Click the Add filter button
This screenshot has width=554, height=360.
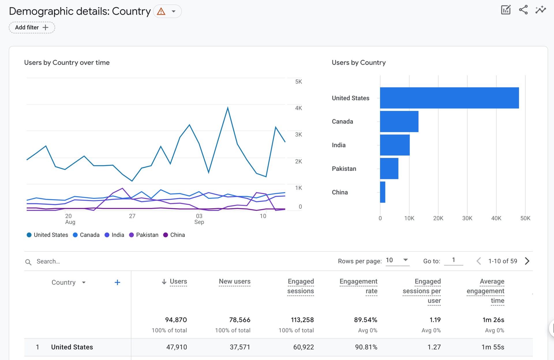pos(32,27)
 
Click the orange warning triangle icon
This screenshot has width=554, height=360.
pos(161,12)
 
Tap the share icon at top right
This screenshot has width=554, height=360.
pos(523,10)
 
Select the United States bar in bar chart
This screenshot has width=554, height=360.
pos(449,98)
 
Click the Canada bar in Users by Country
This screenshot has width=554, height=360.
pos(399,122)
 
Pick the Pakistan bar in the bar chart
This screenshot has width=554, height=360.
pos(389,169)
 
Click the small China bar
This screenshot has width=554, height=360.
pos(383,192)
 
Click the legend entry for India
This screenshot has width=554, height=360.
pos(115,235)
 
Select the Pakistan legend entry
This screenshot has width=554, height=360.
pos(144,235)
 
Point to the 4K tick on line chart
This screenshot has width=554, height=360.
pos(298,108)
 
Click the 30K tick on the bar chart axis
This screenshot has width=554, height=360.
pos(467,218)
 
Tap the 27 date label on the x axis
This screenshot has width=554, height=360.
pos(132,216)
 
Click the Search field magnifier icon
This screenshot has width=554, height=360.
pos(28,262)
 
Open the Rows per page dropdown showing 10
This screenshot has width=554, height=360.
pos(397,260)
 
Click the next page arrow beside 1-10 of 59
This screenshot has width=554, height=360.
pos(527,261)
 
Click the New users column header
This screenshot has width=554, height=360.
pos(234,281)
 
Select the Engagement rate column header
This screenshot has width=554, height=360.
pos(358,286)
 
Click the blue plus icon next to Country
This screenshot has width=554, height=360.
pos(117,283)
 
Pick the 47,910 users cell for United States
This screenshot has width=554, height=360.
pos(177,347)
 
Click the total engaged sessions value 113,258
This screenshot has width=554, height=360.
pos(302,320)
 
